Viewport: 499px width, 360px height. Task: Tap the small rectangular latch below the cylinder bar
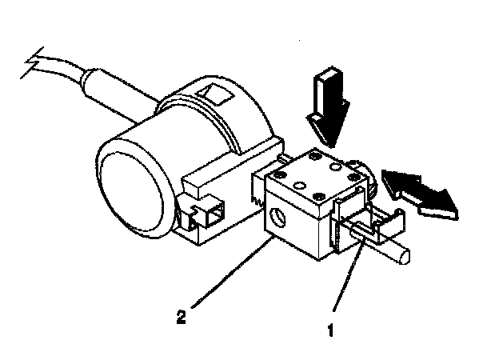(x=213, y=214)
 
